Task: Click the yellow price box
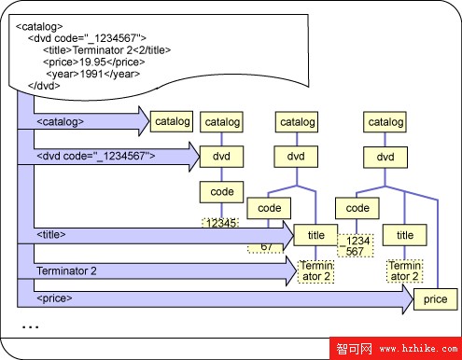(x=435, y=298)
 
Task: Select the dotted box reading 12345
(x=221, y=224)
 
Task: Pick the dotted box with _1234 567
(x=357, y=245)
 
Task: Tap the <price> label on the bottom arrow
(x=54, y=299)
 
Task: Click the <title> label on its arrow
(x=50, y=234)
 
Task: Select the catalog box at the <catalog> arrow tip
(x=172, y=120)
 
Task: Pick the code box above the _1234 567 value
(x=357, y=206)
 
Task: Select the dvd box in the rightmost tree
(x=385, y=156)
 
